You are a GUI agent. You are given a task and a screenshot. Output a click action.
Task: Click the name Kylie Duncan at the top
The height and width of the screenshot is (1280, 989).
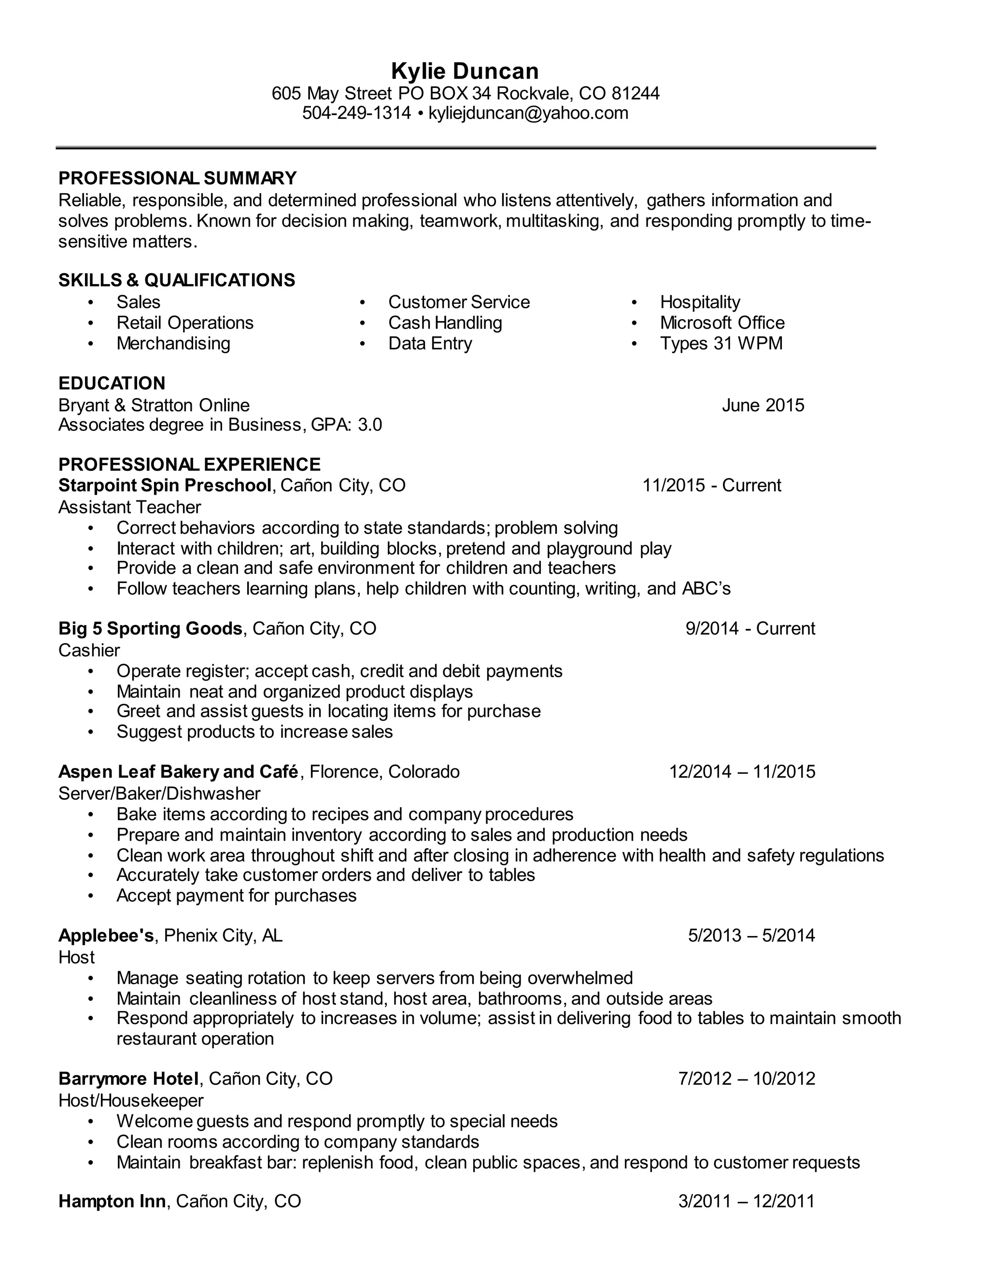pos(465,71)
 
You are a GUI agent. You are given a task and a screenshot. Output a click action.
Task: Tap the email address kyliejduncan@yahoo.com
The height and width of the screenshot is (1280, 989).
pos(528,113)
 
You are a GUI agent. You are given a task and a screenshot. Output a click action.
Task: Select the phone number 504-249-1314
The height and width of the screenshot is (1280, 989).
pos(356,113)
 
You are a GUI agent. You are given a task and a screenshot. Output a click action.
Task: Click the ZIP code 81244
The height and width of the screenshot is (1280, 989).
pos(635,93)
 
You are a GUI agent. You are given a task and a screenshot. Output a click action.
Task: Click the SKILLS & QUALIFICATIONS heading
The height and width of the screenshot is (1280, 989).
pos(176,280)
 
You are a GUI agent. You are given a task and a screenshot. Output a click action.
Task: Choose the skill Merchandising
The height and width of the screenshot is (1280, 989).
pos(173,343)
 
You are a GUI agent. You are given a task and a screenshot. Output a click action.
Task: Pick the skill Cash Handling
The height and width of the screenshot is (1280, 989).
pos(445,323)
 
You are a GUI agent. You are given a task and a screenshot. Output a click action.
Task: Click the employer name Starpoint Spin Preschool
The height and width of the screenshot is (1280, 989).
pos(165,485)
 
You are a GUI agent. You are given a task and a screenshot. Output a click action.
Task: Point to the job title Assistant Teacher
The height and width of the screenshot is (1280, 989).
pos(129,507)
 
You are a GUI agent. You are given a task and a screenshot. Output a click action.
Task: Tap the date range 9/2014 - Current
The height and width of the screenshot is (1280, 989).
pos(750,628)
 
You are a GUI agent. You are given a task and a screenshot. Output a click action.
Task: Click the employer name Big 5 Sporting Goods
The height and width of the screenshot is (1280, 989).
pos(150,628)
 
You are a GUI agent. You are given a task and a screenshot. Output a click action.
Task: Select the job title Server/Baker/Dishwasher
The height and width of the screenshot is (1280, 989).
pos(159,794)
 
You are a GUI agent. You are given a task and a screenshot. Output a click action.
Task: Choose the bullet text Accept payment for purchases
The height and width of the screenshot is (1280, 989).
pos(236,896)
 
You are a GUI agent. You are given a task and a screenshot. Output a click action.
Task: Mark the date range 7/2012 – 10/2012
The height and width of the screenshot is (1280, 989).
pos(747,1079)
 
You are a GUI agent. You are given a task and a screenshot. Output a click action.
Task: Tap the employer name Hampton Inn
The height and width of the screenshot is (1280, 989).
pos(112,1201)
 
